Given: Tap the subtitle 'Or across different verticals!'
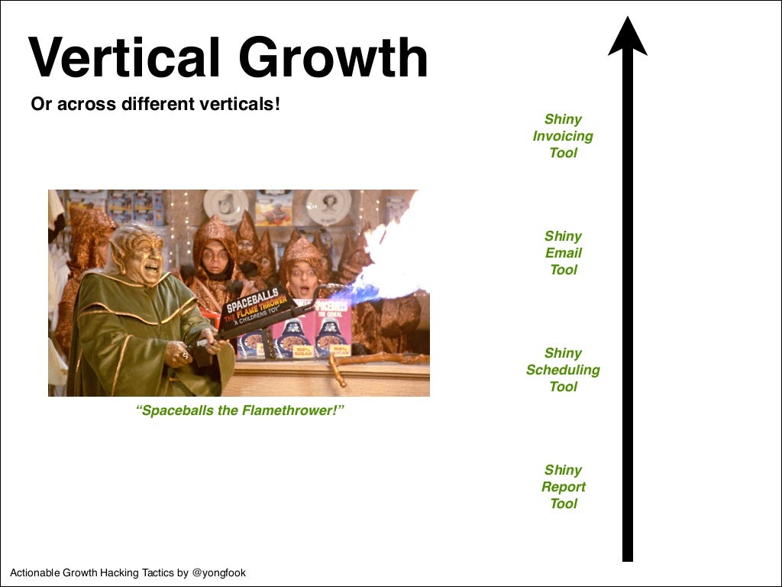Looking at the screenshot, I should click(x=156, y=104).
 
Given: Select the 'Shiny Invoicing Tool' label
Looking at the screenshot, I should click(x=563, y=136).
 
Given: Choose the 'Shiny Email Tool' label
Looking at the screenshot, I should click(x=563, y=253).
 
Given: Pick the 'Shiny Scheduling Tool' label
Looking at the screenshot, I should click(x=563, y=370).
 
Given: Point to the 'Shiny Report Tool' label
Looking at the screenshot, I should click(x=563, y=487).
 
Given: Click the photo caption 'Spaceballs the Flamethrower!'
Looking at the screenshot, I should click(x=240, y=410).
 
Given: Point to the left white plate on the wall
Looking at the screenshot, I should click(x=225, y=204).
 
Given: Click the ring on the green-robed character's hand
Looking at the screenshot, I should click(x=184, y=355).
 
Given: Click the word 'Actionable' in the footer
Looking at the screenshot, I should click(x=35, y=572).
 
